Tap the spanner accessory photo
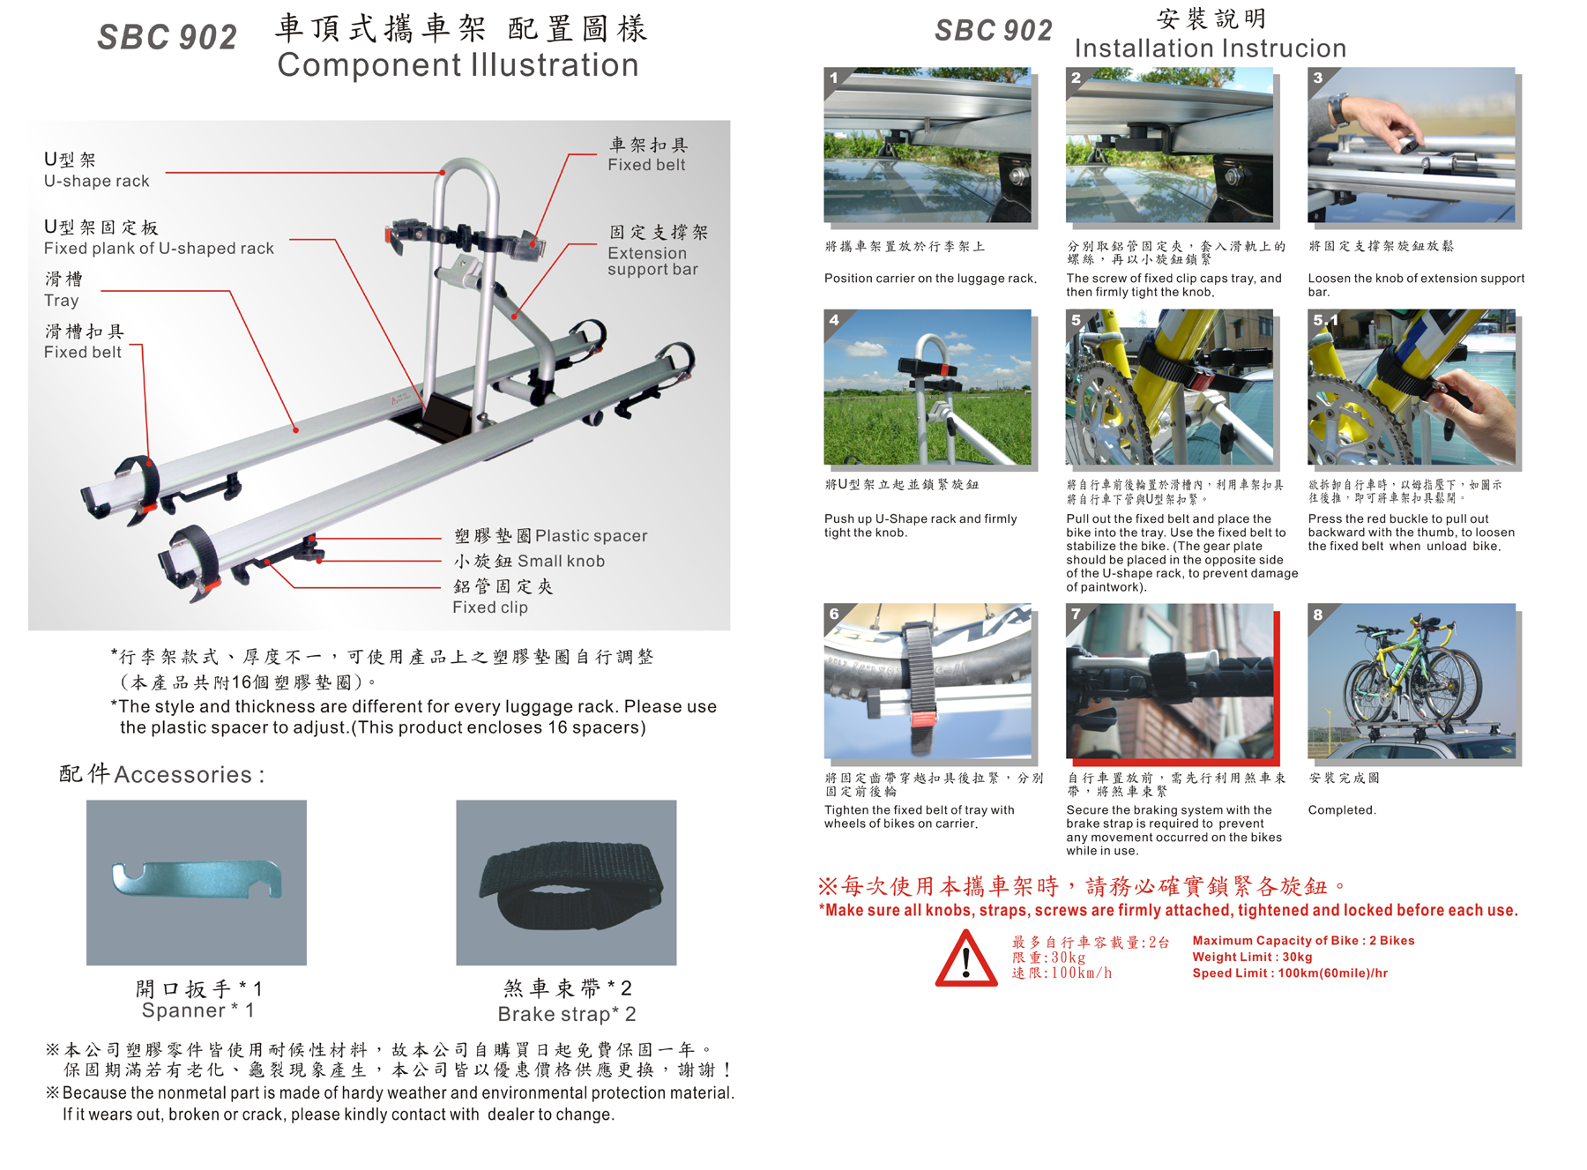197,883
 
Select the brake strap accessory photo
566,883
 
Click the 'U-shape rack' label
97,181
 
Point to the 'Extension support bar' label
652,261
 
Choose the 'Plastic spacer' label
592,536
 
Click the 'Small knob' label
561,561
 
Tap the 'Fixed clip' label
490,607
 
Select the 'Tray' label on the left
62,301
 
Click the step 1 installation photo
928,145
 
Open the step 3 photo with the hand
1412,145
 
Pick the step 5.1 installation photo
1412,387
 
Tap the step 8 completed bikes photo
1412,681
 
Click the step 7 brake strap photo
1170,681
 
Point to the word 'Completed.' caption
1342,810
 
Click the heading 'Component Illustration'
458,65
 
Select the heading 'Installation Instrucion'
1211,48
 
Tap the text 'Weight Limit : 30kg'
1252,958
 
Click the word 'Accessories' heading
183,774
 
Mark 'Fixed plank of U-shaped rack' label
159,249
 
